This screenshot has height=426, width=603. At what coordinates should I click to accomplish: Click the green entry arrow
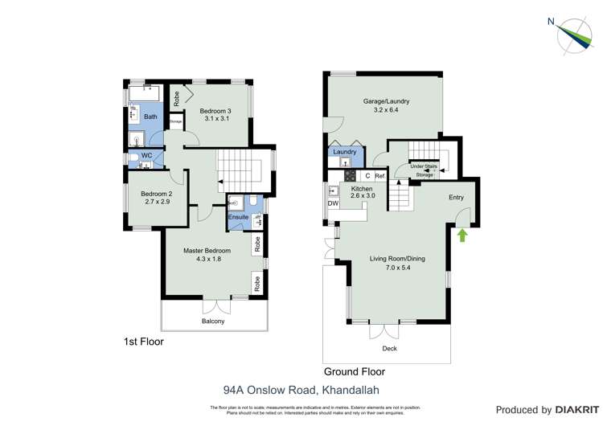click(x=462, y=235)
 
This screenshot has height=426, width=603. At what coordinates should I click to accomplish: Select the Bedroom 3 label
click(x=215, y=110)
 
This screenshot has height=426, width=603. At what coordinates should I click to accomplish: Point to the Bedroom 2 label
click(x=156, y=194)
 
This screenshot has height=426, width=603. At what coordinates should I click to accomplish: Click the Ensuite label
click(x=239, y=217)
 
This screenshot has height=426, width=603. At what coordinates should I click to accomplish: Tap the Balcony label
click(x=213, y=322)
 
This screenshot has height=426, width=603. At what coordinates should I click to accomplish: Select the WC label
click(x=147, y=155)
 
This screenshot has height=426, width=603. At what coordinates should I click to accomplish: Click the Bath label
click(x=150, y=117)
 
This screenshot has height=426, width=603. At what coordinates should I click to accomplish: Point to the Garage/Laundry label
click(x=386, y=101)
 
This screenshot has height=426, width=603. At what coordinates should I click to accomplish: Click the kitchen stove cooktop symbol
click(x=351, y=175)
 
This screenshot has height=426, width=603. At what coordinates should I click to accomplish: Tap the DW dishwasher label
click(x=333, y=203)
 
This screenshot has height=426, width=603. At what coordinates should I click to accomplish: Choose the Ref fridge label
click(x=380, y=175)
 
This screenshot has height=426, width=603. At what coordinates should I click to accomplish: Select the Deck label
click(x=390, y=348)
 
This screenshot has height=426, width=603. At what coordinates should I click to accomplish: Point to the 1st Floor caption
click(x=144, y=342)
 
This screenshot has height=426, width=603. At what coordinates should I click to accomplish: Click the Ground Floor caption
click(x=354, y=371)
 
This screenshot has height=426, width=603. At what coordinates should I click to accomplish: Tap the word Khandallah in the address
click(x=350, y=391)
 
